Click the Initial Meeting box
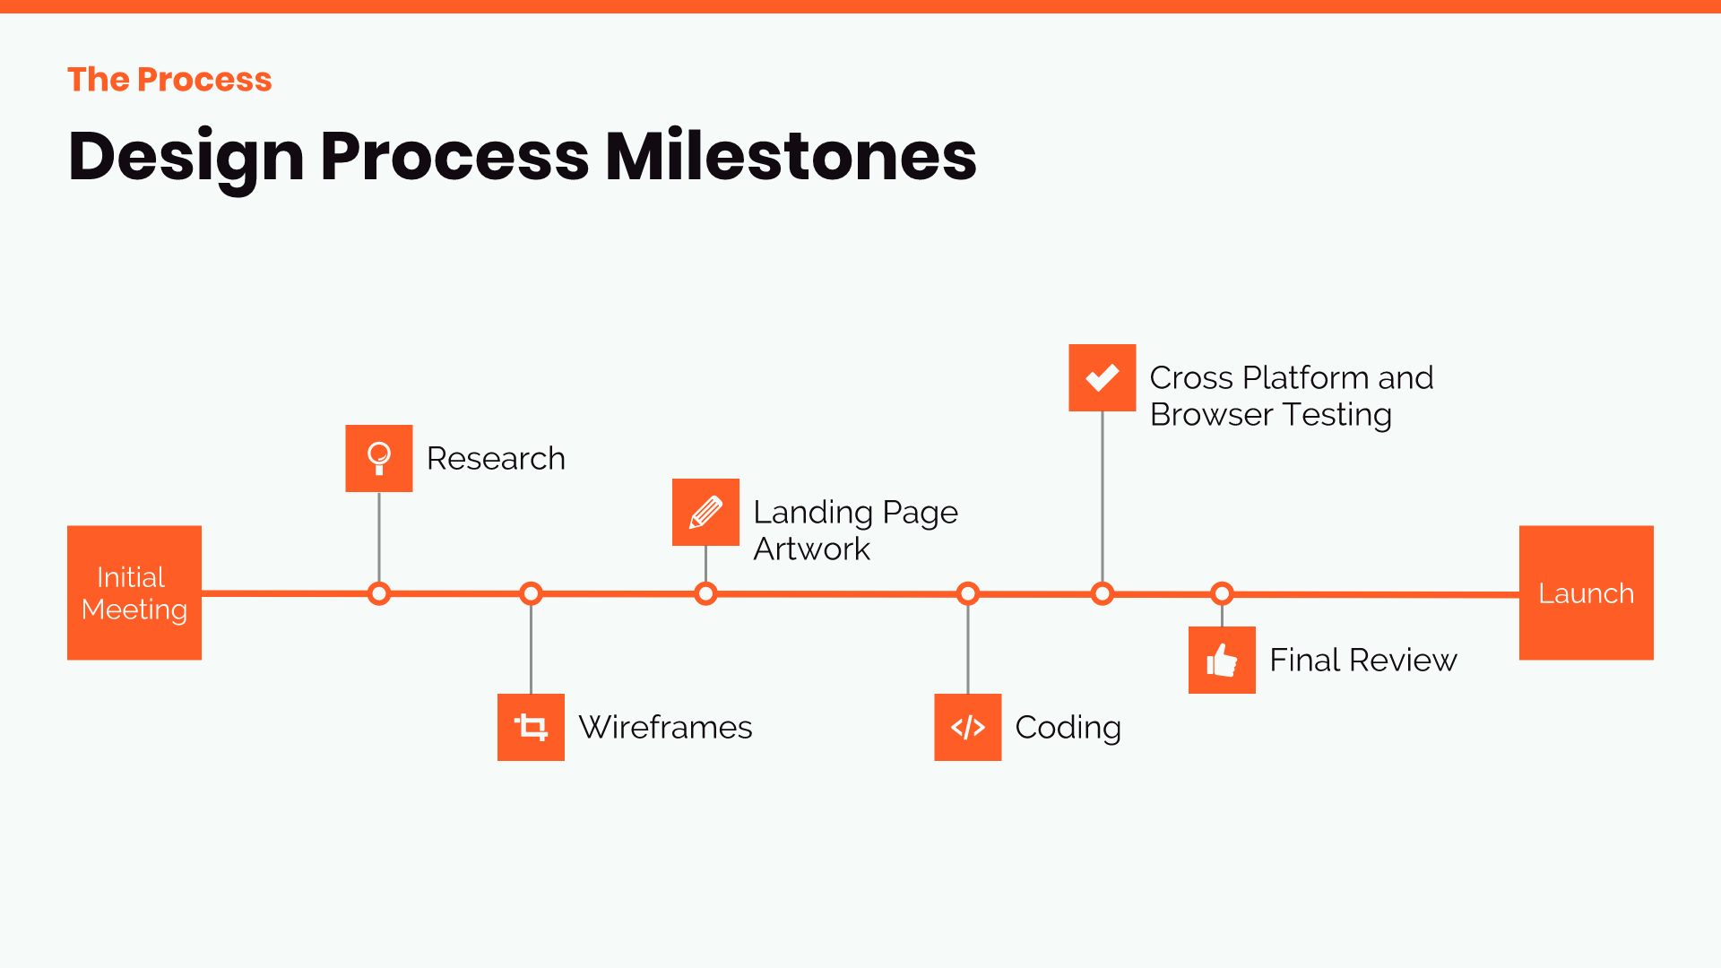[x=134, y=592]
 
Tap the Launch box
[x=1586, y=592]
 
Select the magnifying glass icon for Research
[x=379, y=458]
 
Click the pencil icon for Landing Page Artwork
[x=705, y=512]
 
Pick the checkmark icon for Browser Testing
[x=1102, y=377]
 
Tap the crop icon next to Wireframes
[x=531, y=727]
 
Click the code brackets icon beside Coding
[x=967, y=727]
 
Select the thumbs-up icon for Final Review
[x=1222, y=660]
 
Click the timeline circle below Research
[x=379, y=593]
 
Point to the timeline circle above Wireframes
[x=531, y=593]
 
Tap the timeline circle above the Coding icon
[x=967, y=593]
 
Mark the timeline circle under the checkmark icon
[x=1102, y=593]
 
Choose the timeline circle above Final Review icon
[x=1222, y=593]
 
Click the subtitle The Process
[x=169, y=80]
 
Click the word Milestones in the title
[x=791, y=156]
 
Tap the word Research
[x=496, y=458]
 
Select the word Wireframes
[x=665, y=727]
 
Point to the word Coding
[x=1068, y=727]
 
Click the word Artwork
[x=811, y=549]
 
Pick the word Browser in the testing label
[x=1211, y=414]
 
